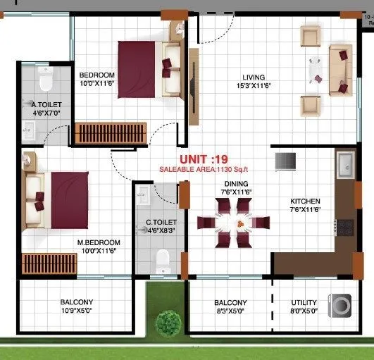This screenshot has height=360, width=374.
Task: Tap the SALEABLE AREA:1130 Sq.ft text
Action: coord(204,170)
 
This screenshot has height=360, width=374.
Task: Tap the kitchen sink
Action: coord(347,166)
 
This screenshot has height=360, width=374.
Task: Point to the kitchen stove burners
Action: coord(346,228)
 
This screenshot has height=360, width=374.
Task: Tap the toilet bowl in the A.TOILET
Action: coord(46,82)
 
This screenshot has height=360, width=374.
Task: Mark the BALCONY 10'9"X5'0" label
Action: coord(76,306)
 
